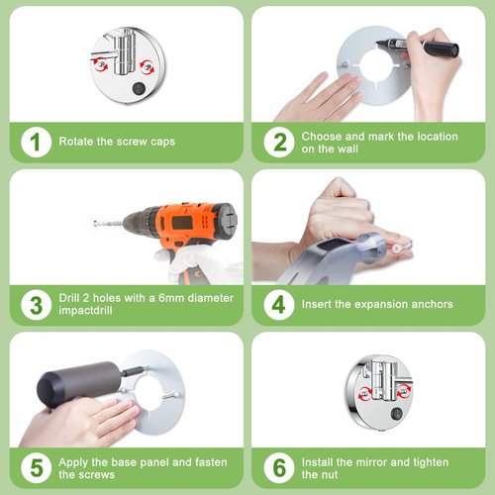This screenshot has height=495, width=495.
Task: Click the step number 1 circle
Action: click(x=36, y=142)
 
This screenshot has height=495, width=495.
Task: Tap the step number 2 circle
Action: click(x=279, y=142)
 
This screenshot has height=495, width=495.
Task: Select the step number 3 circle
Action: click(x=36, y=305)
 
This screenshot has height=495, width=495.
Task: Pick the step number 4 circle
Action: click(x=279, y=305)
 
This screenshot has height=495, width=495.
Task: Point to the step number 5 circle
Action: click(x=36, y=467)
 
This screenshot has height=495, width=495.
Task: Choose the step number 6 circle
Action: click(x=279, y=467)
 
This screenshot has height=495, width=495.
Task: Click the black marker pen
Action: click(x=418, y=47)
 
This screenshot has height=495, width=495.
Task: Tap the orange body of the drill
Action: click(x=186, y=225)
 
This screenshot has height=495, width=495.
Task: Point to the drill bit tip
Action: click(x=95, y=224)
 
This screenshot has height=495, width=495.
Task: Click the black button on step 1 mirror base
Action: click(x=139, y=88)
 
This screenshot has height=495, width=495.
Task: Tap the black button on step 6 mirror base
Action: click(x=396, y=414)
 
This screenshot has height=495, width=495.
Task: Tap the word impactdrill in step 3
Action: click(x=85, y=310)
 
